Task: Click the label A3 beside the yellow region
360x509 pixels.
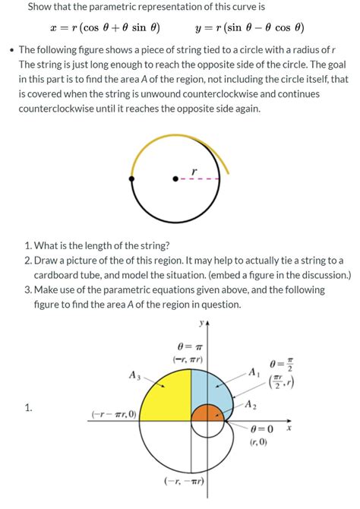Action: pos(134,375)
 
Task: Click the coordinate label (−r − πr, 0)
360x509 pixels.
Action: pos(113,414)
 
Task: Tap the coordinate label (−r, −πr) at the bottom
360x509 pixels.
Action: pos(185,481)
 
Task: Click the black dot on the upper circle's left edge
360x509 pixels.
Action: pos(132,179)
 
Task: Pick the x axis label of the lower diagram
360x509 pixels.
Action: pos(289,428)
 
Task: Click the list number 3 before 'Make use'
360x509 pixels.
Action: pos(27,289)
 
